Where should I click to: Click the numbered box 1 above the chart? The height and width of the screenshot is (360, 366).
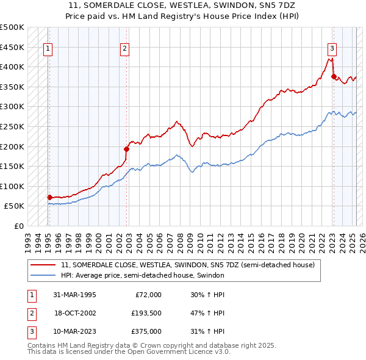(x=48, y=50)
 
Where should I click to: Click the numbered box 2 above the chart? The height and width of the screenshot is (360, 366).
(x=124, y=50)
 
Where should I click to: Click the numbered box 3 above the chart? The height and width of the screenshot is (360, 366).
(x=332, y=50)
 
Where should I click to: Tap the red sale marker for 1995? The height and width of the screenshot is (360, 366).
(x=50, y=197)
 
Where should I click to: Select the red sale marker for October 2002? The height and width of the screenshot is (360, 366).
(x=127, y=148)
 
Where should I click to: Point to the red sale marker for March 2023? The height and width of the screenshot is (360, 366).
(x=334, y=76)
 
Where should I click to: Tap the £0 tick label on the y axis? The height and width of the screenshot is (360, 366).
(x=20, y=226)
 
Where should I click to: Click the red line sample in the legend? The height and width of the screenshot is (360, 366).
(x=43, y=265)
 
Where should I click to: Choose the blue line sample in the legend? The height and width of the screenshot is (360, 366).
(x=43, y=276)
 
